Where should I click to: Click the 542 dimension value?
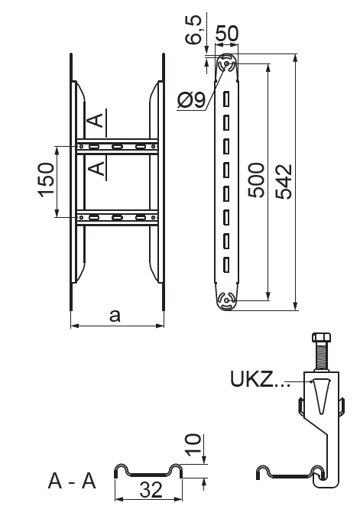coord(284,182)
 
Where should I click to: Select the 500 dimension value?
coord(257,180)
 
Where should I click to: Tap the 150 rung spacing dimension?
coord(47,180)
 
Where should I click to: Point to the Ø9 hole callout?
coord(192,99)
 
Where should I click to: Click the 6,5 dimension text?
coord(193,30)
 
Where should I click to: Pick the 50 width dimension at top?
coord(227,33)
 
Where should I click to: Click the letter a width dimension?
coord(115,316)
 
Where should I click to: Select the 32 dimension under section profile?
coord(151,489)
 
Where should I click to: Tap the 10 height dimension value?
coord(193,445)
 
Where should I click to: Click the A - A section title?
coord(72,481)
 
